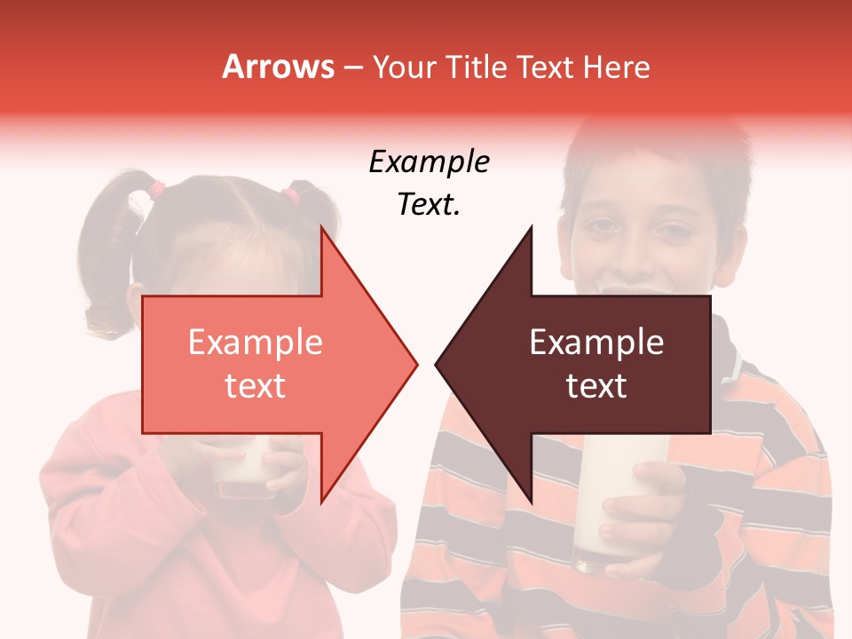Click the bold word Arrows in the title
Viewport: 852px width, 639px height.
(x=278, y=67)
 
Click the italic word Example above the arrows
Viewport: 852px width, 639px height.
(x=429, y=162)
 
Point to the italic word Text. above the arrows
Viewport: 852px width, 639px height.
(x=429, y=205)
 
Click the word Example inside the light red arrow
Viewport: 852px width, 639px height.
(x=255, y=343)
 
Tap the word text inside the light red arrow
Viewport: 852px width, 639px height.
(x=255, y=386)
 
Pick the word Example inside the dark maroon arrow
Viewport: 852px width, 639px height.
(x=596, y=343)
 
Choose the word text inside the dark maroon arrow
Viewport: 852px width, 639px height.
(x=596, y=386)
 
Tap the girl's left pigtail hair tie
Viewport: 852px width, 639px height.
(x=157, y=188)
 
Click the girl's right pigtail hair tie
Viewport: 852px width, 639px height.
(x=291, y=192)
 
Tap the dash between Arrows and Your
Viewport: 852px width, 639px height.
(x=351, y=67)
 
